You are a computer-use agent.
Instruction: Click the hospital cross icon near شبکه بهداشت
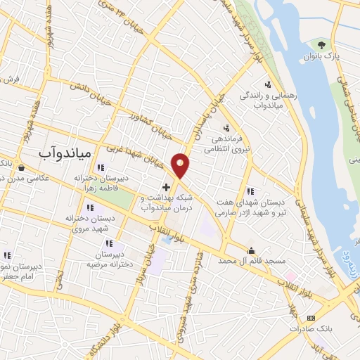166,187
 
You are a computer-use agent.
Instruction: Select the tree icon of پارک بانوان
323,44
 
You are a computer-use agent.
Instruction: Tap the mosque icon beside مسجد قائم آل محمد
251,250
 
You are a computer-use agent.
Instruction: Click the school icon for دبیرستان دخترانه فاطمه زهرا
101,167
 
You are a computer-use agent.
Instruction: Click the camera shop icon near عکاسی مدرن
22,168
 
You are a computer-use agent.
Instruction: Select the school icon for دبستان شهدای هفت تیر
250,191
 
